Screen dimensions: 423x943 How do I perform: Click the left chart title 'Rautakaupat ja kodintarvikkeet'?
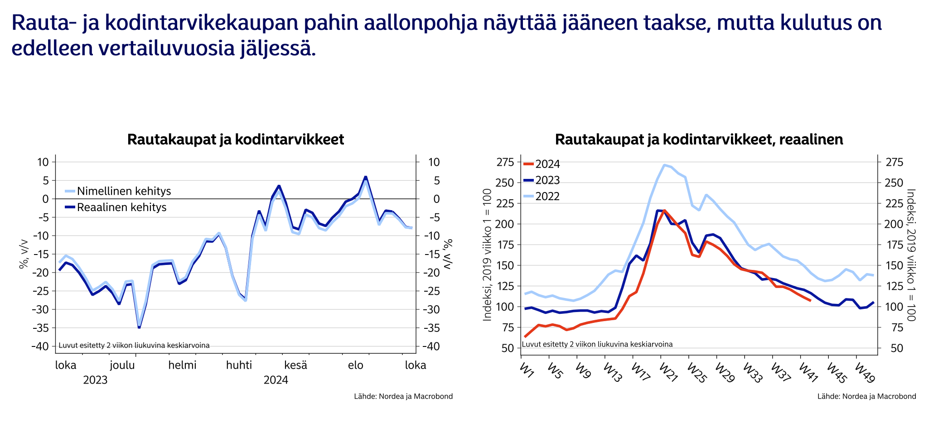pos(236,139)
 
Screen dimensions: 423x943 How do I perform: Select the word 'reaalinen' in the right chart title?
pos(811,139)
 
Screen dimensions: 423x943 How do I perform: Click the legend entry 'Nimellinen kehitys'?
pos(124,191)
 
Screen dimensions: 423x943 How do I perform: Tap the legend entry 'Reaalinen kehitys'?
pos(121,207)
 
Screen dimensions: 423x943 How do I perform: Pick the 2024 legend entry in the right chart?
pos(547,164)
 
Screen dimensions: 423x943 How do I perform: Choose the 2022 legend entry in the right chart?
pos(547,197)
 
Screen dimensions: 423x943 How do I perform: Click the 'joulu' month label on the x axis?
pos(122,365)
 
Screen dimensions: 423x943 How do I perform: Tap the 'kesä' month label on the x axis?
pos(295,365)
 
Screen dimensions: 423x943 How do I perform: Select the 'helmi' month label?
pos(182,365)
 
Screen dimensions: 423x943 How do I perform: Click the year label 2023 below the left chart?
pos(95,380)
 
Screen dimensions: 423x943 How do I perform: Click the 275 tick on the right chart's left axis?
pos(505,162)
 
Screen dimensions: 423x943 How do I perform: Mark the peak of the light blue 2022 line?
pos(664,165)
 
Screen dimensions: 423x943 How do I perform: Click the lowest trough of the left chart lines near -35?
pos(139,326)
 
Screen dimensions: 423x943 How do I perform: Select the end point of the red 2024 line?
pos(810,300)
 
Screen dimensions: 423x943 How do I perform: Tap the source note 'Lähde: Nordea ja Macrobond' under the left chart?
pos(403,396)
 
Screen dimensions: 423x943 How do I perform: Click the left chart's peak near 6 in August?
pos(365,177)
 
